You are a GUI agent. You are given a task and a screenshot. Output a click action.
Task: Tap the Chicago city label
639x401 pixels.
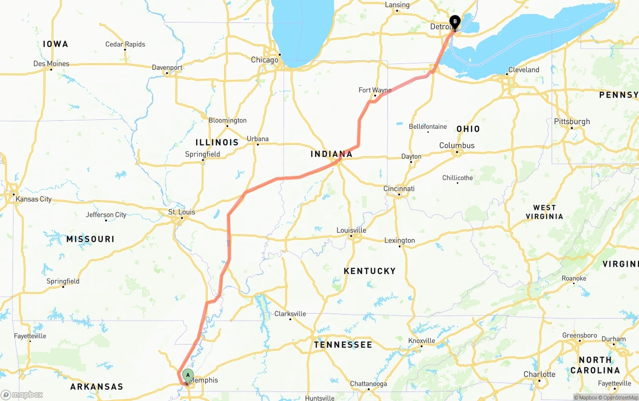click(265, 60)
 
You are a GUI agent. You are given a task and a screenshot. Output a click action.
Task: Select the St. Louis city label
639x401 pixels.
click(182, 212)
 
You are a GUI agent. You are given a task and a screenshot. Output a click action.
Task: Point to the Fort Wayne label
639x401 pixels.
click(375, 90)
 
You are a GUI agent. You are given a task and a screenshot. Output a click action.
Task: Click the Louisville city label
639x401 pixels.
click(351, 230)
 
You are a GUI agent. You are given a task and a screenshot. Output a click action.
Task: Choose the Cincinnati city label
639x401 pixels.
click(399, 189)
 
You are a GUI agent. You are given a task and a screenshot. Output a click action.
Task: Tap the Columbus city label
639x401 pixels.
click(457, 145)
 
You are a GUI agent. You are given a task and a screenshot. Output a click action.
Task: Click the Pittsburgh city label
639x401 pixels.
click(572, 121)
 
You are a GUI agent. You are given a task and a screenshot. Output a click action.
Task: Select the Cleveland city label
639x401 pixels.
click(524, 70)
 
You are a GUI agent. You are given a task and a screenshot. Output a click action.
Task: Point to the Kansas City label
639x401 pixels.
click(33, 199)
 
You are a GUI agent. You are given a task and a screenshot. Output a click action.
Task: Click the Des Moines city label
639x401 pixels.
click(51, 63)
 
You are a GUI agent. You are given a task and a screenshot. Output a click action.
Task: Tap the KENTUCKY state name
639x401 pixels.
click(369, 271)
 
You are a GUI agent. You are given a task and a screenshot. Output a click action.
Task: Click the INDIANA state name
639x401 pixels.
click(331, 154)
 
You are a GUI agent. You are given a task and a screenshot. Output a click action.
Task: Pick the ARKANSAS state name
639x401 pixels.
click(96, 387)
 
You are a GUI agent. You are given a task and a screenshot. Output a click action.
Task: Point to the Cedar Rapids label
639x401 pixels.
click(125, 44)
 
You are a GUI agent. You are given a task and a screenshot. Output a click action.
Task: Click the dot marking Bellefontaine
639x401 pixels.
click(428, 132)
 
